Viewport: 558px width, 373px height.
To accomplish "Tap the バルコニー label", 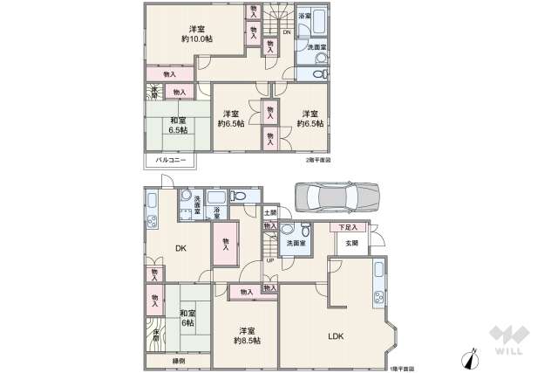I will point(167,161).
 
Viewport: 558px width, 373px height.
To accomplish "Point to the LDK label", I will point(335,335).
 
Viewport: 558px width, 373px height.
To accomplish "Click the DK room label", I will point(180,249).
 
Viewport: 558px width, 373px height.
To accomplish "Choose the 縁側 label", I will point(177,360).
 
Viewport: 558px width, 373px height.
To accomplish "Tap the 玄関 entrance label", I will point(350,244).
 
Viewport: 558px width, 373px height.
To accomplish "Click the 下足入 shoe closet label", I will point(347,228).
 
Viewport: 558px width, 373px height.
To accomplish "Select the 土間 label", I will point(272,212).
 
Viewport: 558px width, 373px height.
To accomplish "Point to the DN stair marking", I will point(286,33).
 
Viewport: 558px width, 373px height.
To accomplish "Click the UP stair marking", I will point(269,259).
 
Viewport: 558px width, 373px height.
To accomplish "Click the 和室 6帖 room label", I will point(187,318).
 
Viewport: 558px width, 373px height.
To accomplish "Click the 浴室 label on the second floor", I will point(304,16).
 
